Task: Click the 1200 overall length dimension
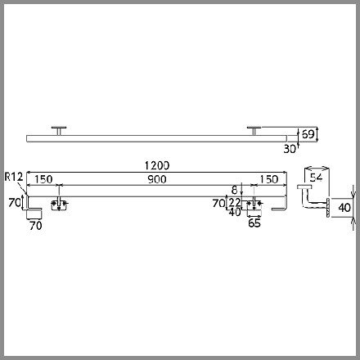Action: tap(157, 165)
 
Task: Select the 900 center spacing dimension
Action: tap(157, 179)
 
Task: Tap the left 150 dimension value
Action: tap(43, 179)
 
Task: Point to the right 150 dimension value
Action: tap(269, 179)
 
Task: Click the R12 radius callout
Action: tap(14, 177)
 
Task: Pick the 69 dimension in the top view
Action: tap(308, 134)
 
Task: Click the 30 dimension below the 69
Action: tap(290, 149)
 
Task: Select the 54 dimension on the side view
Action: tap(316, 178)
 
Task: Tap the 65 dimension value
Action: tap(254, 223)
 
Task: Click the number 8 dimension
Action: tap(235, 190)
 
